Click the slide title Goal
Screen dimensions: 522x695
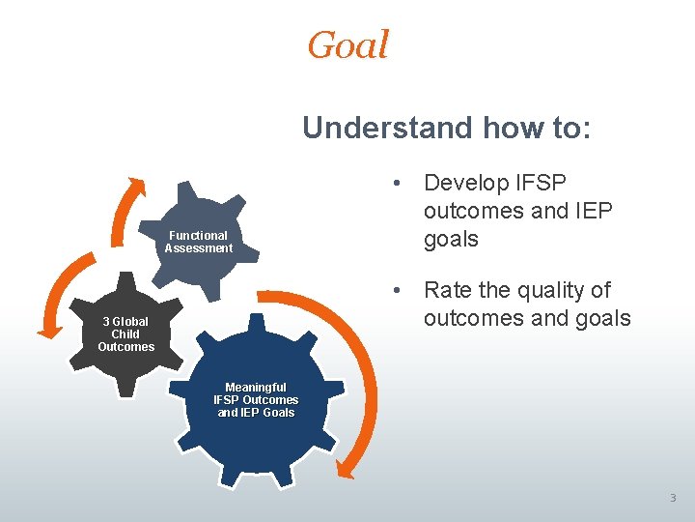(347, 45)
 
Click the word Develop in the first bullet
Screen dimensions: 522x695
(465, 183)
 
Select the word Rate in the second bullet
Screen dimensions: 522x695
(449, 290)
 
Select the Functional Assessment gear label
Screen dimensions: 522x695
(198, 242)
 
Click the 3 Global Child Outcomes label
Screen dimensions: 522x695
(125, 334)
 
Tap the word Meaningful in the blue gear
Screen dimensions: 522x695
(256, 388)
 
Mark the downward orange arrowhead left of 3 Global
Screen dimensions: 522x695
(49, 331)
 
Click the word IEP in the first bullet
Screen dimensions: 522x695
(591, 211)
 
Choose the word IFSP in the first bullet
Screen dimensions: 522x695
(543, 183)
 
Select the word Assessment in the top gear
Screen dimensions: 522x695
(198, 248)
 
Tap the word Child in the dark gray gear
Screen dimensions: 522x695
(125, 334)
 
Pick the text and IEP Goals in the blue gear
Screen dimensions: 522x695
(256, 413)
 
